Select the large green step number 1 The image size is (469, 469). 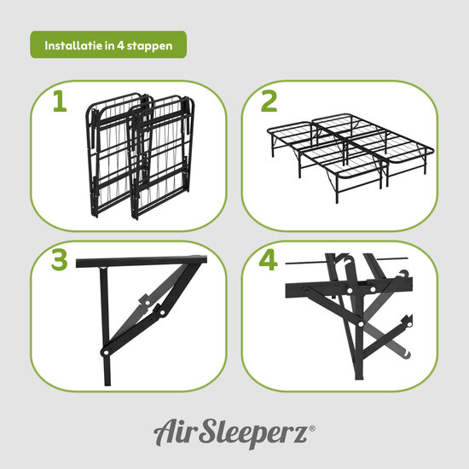coord(59,102)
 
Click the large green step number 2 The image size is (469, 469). coord(269,101)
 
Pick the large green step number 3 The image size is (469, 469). coord(59,261)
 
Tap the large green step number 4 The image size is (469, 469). coord(269,261)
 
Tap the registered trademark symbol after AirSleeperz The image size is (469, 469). coord(312,426)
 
